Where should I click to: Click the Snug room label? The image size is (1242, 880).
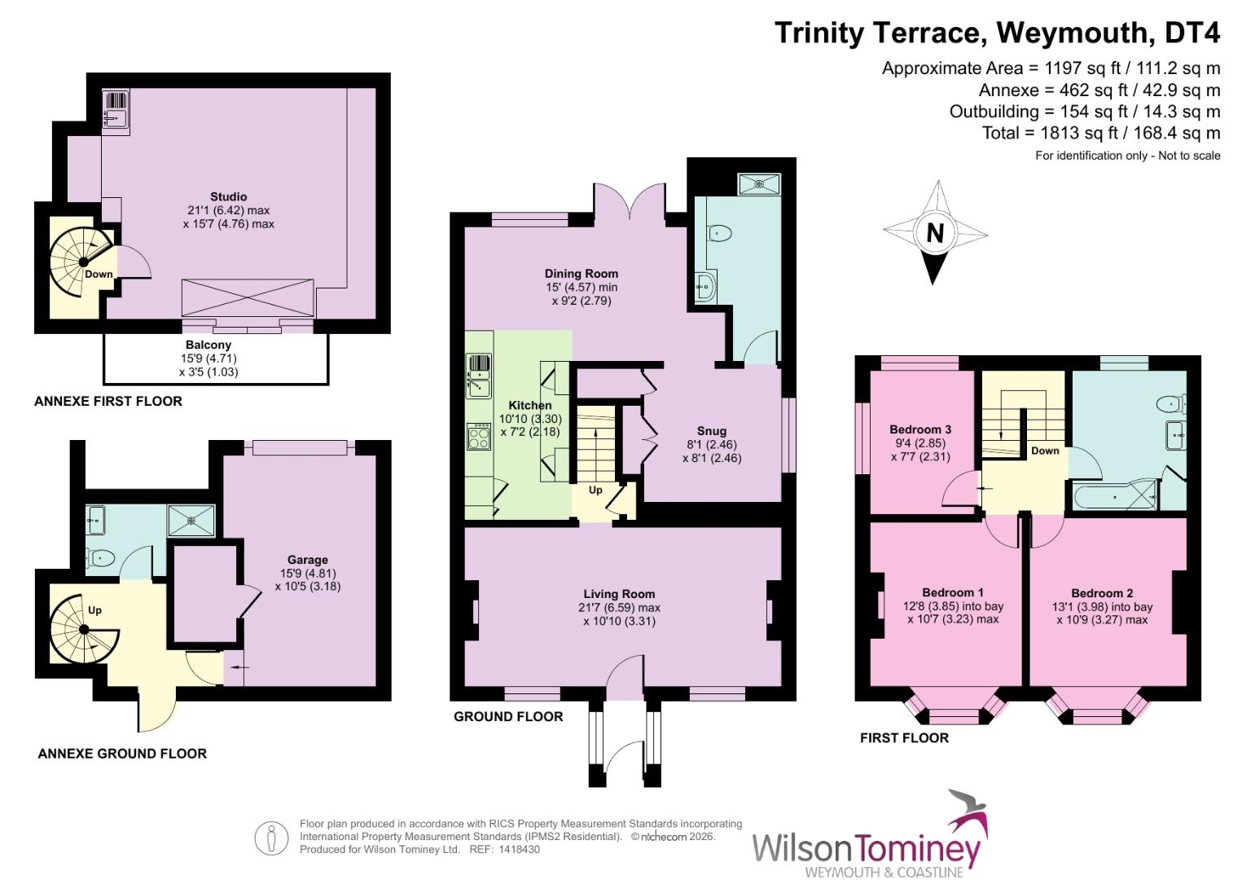[x=711, y=431]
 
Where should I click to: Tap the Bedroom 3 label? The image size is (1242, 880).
[x=920, y=429]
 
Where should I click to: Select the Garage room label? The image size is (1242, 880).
[x=307, y=560]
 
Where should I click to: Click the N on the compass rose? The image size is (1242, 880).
[x=935, y=234]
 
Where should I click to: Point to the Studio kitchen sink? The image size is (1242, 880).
[x=116, y=111]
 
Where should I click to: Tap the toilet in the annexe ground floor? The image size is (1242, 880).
[x=103, y=558]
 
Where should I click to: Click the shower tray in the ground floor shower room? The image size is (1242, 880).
[x=759, y=184]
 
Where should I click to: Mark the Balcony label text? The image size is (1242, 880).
[x=208, y=345]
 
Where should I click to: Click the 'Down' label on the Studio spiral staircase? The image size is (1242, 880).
[x=99, y=274]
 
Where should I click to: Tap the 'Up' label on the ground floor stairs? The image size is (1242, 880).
[x=595, y=490]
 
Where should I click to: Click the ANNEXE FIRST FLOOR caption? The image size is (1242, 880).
[x=108, y=401]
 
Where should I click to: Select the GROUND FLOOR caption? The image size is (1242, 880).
[x=508, y=716]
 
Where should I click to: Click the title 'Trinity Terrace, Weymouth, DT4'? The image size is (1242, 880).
[x=997, y=33]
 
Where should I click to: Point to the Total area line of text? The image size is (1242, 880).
[x=1101, y=133]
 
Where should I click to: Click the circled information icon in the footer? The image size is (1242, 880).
[x=271, y=838]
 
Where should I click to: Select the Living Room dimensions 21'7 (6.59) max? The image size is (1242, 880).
[x=619, y=608]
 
